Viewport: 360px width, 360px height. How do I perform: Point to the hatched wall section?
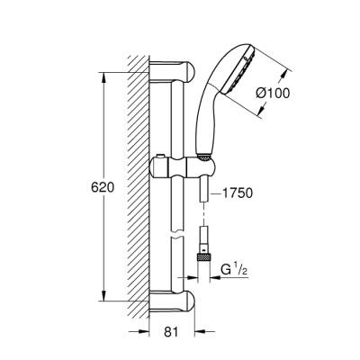pos(135,180)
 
